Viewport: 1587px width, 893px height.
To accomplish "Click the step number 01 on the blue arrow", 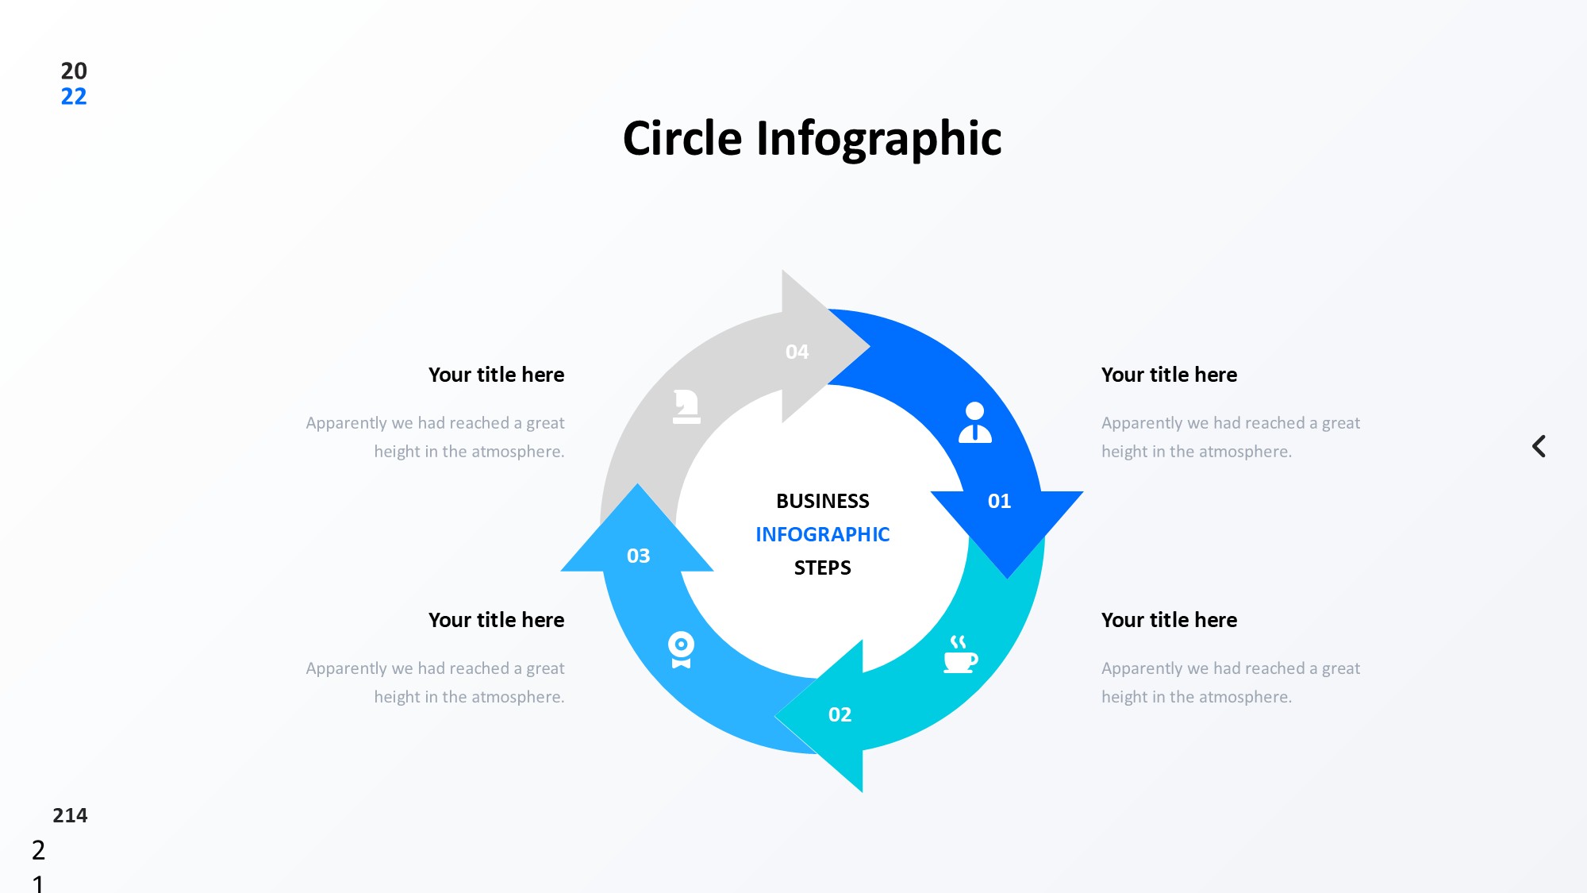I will [x=999, y=501].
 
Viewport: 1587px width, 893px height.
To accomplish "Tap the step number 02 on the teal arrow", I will [x=840, y=714].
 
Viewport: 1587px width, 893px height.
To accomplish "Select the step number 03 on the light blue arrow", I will [x=638, y=556].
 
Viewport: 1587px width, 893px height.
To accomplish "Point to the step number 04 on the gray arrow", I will [x=797, y=352].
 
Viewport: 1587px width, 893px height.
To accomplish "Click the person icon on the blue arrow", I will [x=974, y=422].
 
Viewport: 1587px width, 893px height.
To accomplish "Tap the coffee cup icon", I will [x=959, y=655].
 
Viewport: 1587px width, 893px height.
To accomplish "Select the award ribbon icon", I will [x=681, y=649].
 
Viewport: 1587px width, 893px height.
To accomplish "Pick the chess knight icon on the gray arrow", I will [x=686, y=406].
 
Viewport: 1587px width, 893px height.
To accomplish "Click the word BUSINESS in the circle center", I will [x=822, y=501].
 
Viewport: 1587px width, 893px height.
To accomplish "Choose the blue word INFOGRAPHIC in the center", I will [x=822, y=534].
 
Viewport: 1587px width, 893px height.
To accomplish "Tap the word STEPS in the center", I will [x=822, y=568].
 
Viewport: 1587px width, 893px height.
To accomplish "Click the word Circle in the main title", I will [x=682, y=139].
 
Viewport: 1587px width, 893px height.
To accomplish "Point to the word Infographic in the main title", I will [x=878, y=139].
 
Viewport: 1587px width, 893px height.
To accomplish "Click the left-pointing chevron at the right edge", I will [x=1539, y=446].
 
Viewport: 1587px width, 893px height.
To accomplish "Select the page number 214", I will [x=70, y=815].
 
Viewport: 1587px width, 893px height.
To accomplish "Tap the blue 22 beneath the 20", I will [x=74, y=97].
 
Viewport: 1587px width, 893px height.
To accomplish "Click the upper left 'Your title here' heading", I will [x=496, y=375].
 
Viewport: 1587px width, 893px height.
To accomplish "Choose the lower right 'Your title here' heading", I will [x=1169, y=620].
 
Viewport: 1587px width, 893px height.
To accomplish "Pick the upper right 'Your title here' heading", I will [x=1169, y=375].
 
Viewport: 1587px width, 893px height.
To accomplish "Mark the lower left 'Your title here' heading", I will [x=496, y=620].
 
